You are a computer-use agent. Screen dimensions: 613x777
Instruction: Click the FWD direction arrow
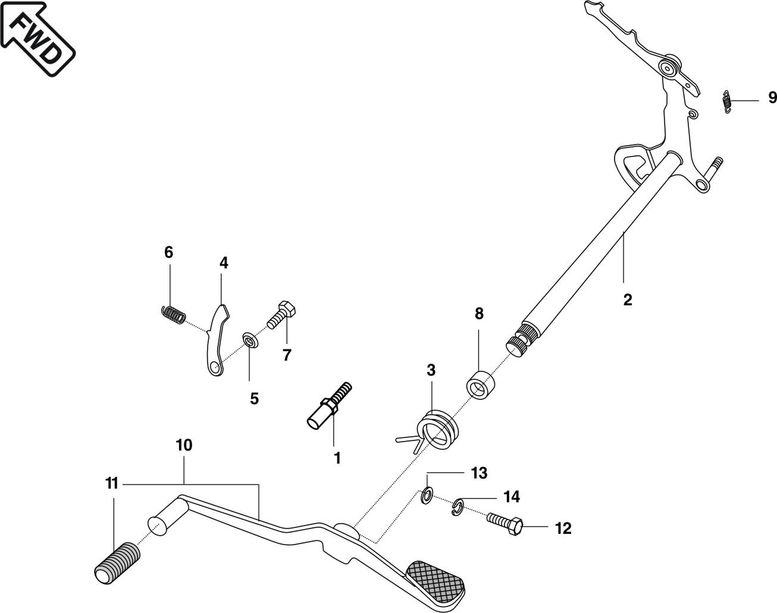[x=37, y=37]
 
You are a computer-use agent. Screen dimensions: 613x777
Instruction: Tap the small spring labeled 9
[x=726, y=101]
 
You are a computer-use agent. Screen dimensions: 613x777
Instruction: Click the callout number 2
[x=628, y=299]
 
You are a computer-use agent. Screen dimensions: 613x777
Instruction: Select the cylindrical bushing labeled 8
[x=480, y=381]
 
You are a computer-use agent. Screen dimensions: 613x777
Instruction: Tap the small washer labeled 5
[x=249, y=342]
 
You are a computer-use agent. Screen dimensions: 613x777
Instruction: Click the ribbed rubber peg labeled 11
[x=117, y=562]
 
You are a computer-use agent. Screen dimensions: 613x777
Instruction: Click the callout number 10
[x=184, y=445]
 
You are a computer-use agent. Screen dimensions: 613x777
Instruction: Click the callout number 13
[x=479, y=473]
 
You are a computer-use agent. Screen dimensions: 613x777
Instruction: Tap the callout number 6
[x=169, y=252]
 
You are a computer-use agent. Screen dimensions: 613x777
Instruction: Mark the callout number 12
[x=563, y=528]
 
